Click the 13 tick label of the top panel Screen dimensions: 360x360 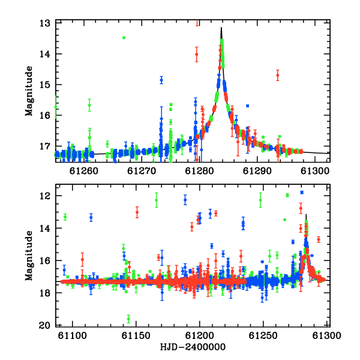coord(44,23)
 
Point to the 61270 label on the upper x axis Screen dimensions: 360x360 coord(142,171)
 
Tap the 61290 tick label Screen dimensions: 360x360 coord(257,171)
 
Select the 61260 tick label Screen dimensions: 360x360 coord(84,171)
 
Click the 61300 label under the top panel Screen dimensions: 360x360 coord(315,171)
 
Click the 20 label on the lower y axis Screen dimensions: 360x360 coord(44,325)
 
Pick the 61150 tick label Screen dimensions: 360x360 coord(136,335)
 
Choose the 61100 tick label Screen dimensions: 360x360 coord(73,335)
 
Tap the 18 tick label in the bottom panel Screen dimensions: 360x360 coord(44,293)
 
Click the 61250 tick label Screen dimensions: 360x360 coord(263,335)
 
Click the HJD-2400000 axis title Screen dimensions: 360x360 coord(193,347)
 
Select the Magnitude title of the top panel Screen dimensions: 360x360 coord(29,91)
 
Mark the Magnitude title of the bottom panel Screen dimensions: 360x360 coord(29,256)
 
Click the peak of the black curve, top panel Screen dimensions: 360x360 coord(221,28)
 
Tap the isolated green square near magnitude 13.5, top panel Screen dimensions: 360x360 coord(124,38)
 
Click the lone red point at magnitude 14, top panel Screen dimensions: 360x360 coord(197,55)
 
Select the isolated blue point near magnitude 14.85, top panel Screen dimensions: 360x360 coord(161,80)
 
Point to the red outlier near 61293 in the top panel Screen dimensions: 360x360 coord(278,76)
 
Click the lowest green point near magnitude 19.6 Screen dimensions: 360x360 coord(128,319)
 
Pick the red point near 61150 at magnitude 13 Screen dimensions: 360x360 coord(137,212)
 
